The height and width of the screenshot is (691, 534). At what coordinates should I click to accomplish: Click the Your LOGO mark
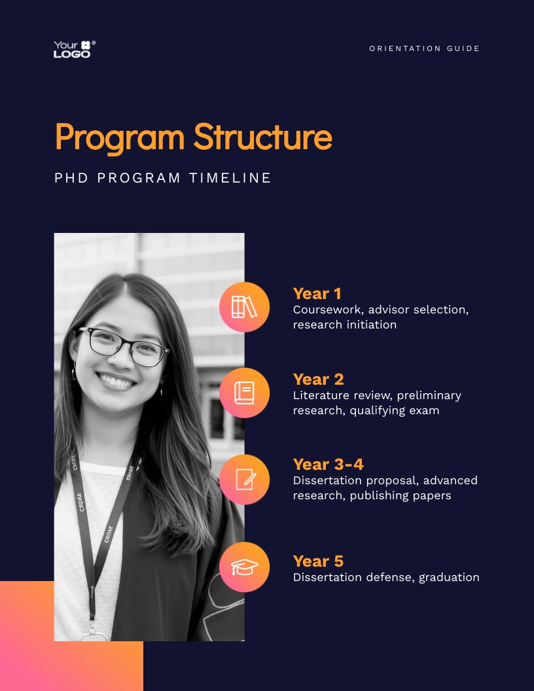[74, 49]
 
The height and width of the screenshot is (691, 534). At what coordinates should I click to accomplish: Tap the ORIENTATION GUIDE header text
[425, 49]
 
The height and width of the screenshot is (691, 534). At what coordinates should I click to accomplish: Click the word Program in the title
[120, 137]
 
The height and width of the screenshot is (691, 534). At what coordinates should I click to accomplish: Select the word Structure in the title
[262, 137]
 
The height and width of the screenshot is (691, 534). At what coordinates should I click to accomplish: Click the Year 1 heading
[317, 294]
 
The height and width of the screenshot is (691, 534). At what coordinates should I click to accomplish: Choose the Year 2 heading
[318, 380]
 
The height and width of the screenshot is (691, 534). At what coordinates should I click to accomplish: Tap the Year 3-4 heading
[328, 465]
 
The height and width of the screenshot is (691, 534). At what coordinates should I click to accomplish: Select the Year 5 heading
[318, 561]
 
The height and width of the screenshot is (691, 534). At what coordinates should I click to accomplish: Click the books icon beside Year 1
[244, 307]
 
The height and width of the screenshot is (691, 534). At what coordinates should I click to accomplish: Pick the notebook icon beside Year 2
[244, 393]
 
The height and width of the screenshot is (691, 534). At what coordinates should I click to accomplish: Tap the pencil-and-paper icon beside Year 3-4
[244, 480]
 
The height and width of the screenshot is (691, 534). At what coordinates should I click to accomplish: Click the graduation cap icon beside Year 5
[244, 567]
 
